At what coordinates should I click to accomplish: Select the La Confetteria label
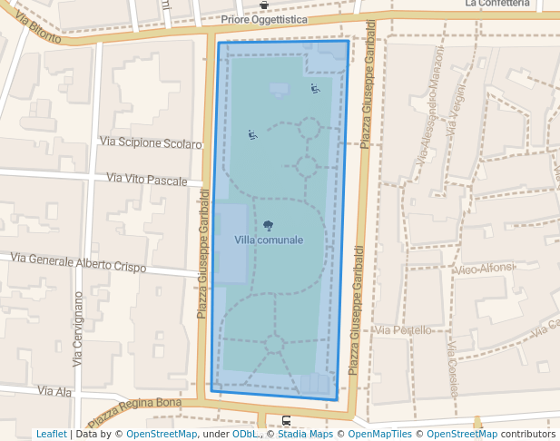(496, 4)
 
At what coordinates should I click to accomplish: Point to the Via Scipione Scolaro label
(151, 143)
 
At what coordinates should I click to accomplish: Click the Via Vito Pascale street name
(147, 180)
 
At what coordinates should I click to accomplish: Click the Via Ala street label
(54, 391)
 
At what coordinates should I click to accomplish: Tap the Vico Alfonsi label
(486, 269)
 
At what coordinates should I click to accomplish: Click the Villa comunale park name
(269, 240)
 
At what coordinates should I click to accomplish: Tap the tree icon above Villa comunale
(268, 225)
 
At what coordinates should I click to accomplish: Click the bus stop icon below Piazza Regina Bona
(287, 420)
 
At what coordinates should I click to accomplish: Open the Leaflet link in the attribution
(51, 434)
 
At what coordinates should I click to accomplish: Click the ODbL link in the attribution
(245, 434)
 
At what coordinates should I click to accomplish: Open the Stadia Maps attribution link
(301, 434)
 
